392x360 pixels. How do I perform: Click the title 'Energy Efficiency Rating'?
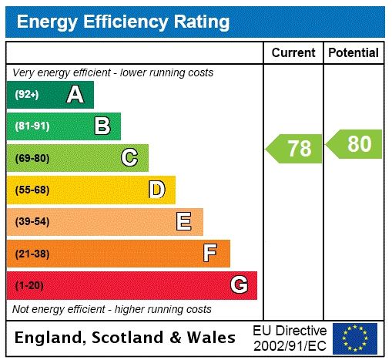point(123,22)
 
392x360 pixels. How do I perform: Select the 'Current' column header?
point(293,53)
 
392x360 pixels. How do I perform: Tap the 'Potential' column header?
point(353,53)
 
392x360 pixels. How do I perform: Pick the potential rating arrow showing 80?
point(354,144)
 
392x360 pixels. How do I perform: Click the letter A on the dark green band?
point(75,95)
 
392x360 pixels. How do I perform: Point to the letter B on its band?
point(102,126)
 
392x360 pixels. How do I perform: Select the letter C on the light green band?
point(129,158)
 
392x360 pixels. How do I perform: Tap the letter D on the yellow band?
point(156,190)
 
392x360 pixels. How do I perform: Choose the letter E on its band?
point(184,221)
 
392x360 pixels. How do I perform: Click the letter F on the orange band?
point(210,253)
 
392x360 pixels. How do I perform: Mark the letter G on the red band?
point(239,285)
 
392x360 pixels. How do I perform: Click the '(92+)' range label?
point(27,95)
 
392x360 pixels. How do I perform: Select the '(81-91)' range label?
point(32,126)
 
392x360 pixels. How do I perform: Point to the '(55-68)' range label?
point(32,190)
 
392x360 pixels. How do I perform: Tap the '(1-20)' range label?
point(29,285)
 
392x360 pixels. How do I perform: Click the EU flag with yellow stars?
point(355,338)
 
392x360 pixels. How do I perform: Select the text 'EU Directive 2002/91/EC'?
point(290,338)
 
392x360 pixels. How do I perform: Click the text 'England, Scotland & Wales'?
point(126,338)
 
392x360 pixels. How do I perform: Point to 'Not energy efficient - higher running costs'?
point(112,309)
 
